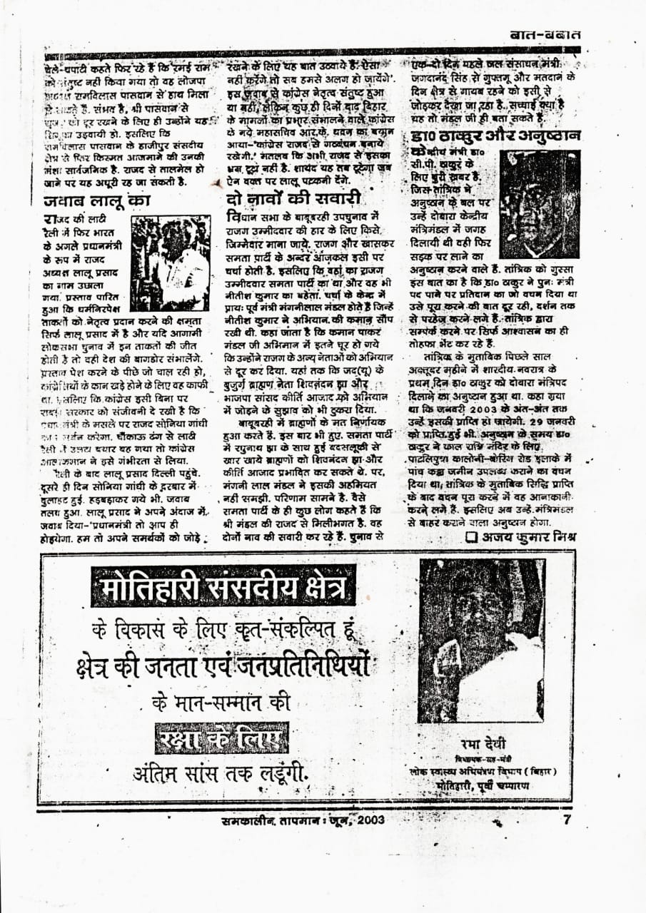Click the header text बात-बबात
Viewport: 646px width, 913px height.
click(x=545, y=34)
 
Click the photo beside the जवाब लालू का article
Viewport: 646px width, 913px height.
click(x=169, y=253)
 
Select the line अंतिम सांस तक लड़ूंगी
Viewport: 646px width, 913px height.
click(x=221, y=773)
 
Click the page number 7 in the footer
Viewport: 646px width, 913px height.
click(x=566, y=820)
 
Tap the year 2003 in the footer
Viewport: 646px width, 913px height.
click(x=365, y=820)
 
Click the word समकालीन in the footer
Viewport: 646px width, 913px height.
click(x=248, y=820)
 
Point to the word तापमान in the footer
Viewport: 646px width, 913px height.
click(x=300, y=820)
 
